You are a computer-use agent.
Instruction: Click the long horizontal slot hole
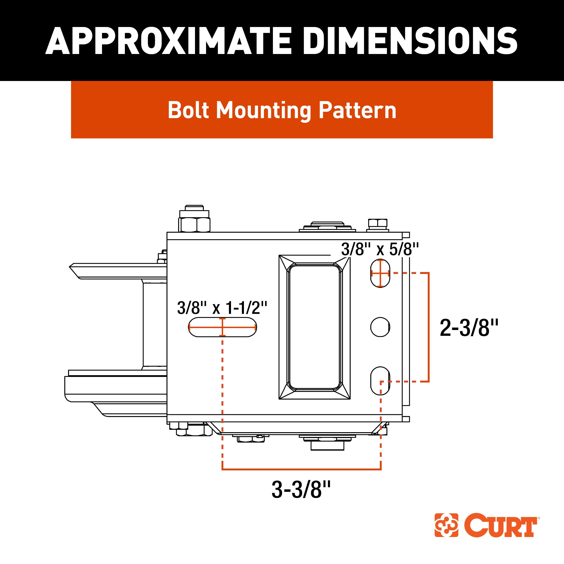tap(222, 327)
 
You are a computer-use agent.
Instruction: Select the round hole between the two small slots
tap(380, 327)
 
